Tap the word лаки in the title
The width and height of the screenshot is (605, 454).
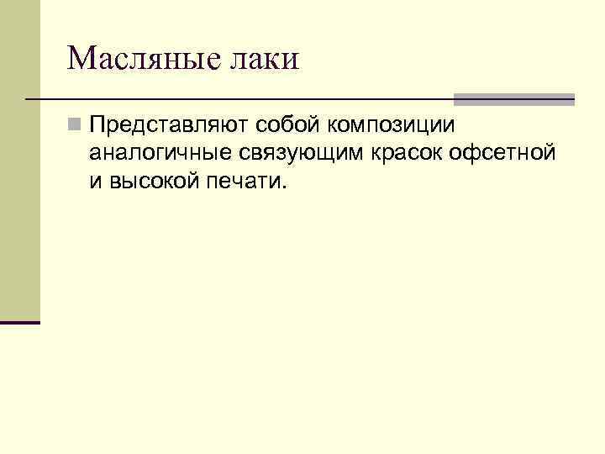tap(268, 58)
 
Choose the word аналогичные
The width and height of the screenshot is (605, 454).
tap(160, 155)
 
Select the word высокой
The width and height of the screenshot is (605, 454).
tap(151, 182)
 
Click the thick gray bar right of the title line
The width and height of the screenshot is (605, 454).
tap(513, 99)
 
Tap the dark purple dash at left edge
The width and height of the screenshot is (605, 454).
tap(20, 322)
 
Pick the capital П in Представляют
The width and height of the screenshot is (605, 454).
tap(98, 126)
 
